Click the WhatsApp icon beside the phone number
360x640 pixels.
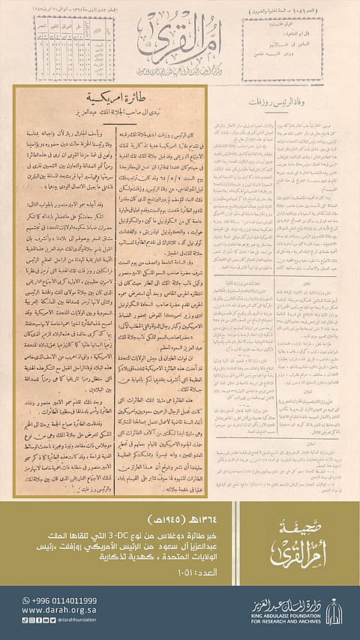26,601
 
